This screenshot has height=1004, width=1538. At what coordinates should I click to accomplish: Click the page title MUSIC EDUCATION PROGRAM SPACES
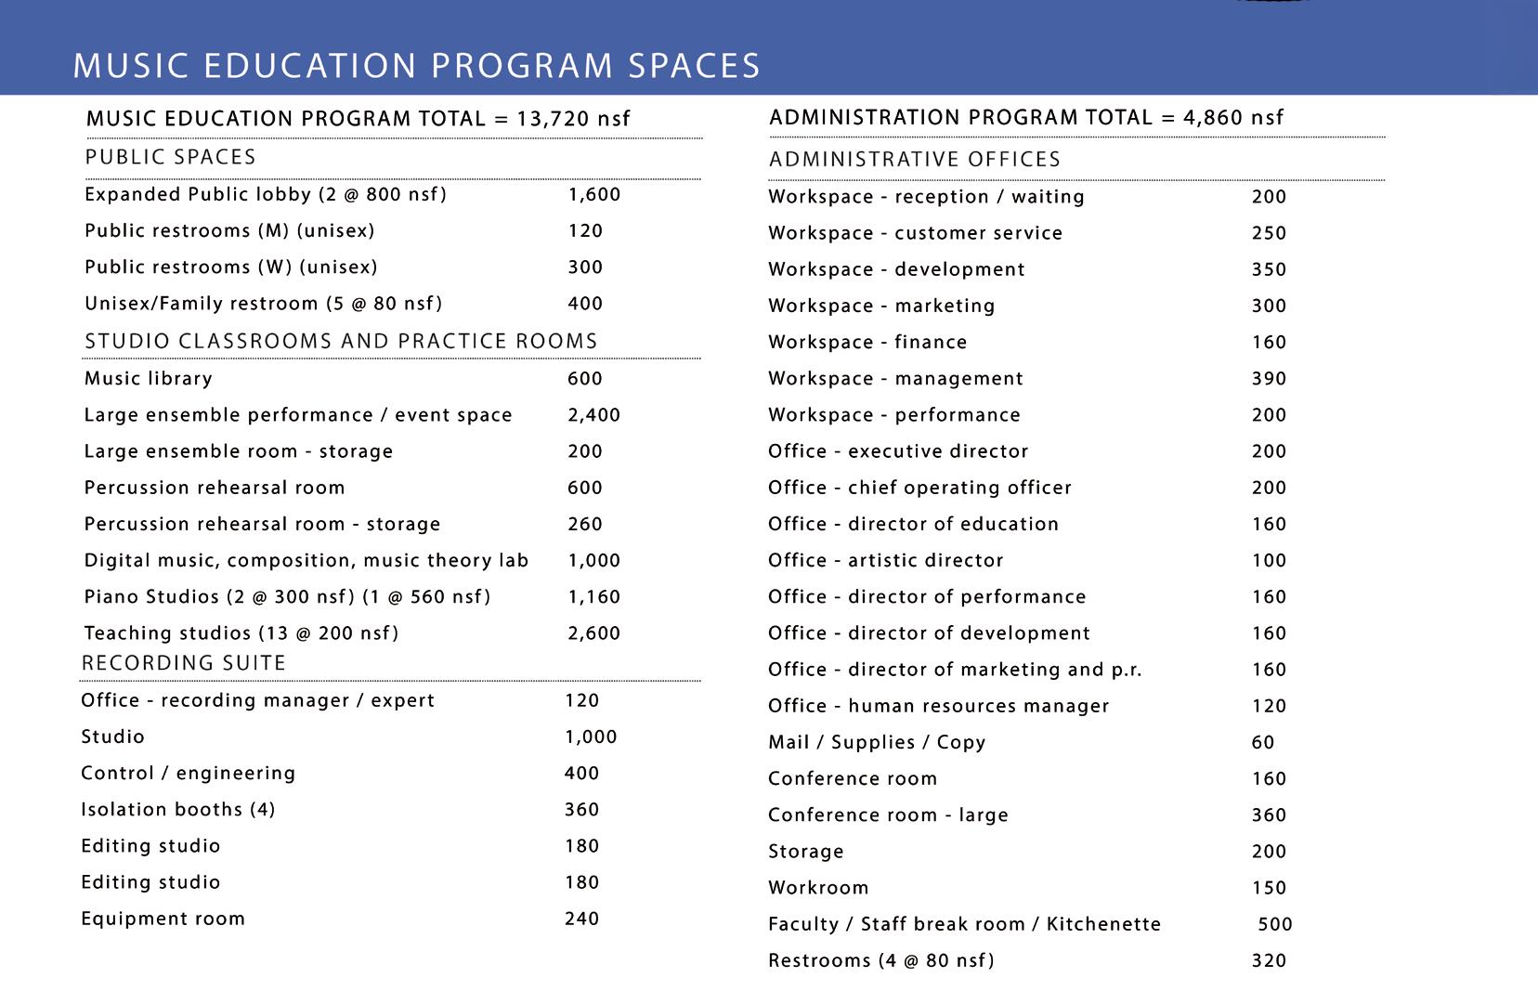[417, 66]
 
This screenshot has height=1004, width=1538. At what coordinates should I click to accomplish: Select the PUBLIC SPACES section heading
[171, 157]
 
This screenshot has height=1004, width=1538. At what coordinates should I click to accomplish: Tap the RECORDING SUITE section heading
[184, 663]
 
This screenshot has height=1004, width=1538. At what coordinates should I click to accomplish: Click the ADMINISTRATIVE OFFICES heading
[915, 160]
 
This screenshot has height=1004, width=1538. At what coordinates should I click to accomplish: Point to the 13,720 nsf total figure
[574, 119]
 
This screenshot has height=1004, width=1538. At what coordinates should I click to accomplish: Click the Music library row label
[149, 379]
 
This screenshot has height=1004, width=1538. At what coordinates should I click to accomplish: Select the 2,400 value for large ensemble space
[593, 415]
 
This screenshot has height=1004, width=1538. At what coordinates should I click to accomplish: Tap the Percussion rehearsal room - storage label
[262, 525]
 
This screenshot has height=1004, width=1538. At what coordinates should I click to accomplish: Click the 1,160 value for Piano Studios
[593, 597]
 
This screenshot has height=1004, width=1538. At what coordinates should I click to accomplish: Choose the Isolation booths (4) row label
[178, 810]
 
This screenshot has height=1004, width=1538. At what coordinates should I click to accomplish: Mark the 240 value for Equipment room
[582, 919]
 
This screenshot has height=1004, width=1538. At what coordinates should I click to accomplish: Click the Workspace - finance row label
[867, 343]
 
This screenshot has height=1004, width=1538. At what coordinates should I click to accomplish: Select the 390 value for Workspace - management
[1269, 379]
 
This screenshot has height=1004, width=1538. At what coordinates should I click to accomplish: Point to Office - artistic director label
[886, 561]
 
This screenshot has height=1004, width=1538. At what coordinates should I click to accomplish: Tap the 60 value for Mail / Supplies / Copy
[1263, 743]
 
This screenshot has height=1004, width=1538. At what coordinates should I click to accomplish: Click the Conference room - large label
[888, 815]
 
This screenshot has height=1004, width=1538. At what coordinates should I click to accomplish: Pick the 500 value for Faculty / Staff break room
[1275, 925]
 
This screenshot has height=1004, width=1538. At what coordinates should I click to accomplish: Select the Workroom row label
[818, 888]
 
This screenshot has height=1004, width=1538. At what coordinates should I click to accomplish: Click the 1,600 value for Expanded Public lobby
[594, 195]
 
